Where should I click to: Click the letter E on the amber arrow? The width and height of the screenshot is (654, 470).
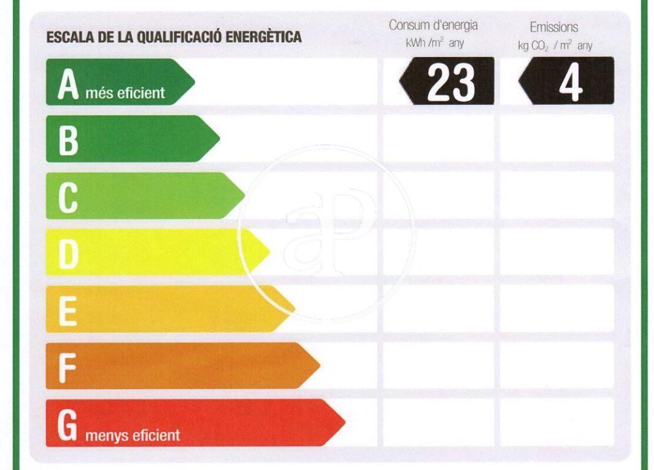coord(67,310)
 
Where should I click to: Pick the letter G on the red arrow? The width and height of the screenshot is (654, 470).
coord(67,425)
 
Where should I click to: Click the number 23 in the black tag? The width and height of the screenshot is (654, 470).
coord(451,82)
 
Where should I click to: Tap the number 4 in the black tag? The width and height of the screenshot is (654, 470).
coord(571,82)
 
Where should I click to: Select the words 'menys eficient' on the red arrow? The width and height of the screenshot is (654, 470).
coord(133,436)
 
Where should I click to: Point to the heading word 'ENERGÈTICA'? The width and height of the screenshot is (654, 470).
coord(264,37)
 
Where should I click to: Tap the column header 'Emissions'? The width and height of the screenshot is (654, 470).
coord(554,28)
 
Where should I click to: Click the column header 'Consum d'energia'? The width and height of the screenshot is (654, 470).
coord(433,26)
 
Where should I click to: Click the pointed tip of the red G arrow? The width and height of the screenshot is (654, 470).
coord(344,423)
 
